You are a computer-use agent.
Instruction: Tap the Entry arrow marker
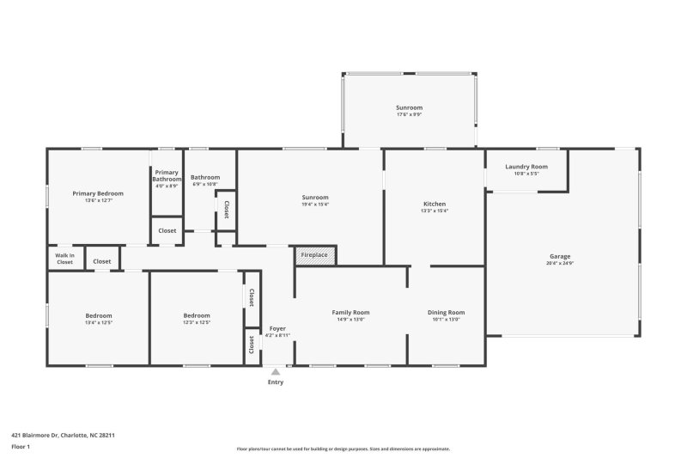tap(275, 372)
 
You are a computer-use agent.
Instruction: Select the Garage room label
tap(560, 256)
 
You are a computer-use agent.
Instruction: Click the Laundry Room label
tap(526, 167)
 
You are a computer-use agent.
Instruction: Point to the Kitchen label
tap(435, 204)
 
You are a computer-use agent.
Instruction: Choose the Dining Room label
tap(446, 312)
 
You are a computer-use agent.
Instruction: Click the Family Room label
tap(350, 312)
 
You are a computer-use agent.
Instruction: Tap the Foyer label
tap(277, 328)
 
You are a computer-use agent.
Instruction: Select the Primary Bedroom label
tap(98, 193)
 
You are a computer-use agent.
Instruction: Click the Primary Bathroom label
tap(167, 175)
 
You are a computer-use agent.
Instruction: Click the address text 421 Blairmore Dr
tap(63, 435)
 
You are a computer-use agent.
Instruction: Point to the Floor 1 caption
tap(21, 447)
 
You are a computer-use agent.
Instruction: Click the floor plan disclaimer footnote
tap(343, 449)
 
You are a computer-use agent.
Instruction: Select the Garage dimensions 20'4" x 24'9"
tap(560, 263)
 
